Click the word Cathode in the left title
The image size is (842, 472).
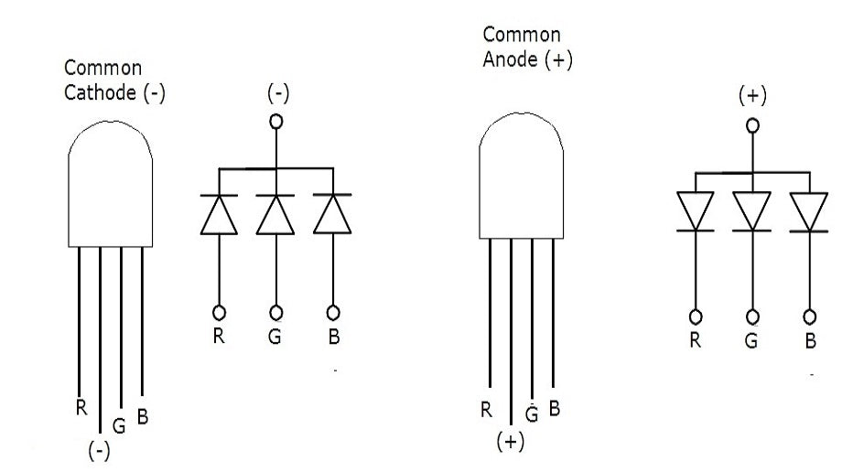click(99, 93)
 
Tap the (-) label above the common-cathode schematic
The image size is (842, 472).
click(275, 95)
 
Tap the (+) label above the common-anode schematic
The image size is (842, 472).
click(752, 97)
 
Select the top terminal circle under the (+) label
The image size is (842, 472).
click(752, 126)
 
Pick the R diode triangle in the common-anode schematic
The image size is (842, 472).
click(696, 209)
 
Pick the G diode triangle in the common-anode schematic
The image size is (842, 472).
click(752, 209)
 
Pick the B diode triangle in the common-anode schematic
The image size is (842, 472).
click(809, 209)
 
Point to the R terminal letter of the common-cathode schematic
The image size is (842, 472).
click(219, 336)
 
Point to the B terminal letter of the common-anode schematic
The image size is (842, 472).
click(810, 341)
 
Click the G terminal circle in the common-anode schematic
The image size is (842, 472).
click(752, 316)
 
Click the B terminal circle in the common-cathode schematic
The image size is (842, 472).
click(333, 311)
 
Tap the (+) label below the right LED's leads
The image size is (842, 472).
click(510, 442)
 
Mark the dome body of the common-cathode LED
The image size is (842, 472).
click(108, 188)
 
